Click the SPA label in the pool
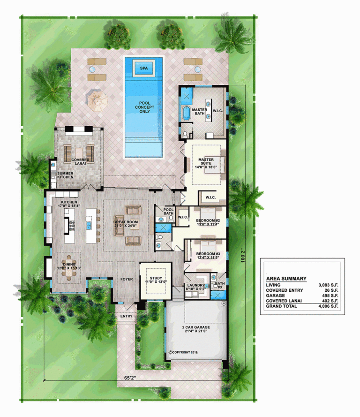pyautogui.click(x=143, y=68)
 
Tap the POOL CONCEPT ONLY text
pyautogui.click(x=143, y=108)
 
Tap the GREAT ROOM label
pyautogui.click(x=124, y=222)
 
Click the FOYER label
pyautogui.click(x=126, y=280)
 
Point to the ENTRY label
pyautogui.click(x=126, y=316)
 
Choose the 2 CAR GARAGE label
pyautogui.click(x=196, y=329)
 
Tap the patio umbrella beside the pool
pyautogui.click(x=96, y=99)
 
